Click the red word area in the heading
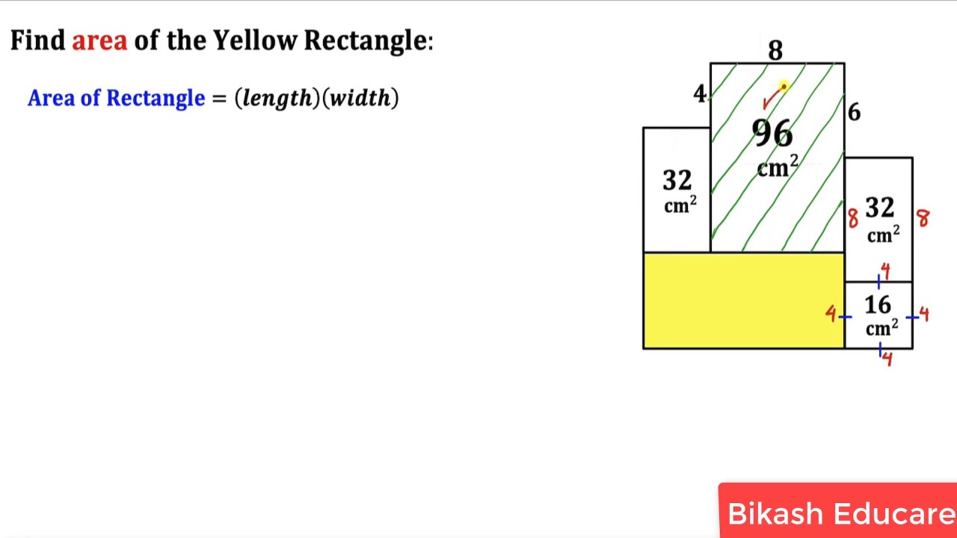click(99, 41)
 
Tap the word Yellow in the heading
click(255, 40)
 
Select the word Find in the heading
click(37, 40)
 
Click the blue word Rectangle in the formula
click(156, 98)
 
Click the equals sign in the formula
click(219, 99)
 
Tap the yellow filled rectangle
click(744, 301)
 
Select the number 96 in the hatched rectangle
click(772, 133)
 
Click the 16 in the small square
click(878, 305)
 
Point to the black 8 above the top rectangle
click(775, 50)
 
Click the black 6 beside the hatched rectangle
click(854, 112)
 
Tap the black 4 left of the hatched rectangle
click(699, 93)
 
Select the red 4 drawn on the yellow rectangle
click(831, 314)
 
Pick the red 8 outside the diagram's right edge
click(923, 218)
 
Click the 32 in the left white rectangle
click(677, 180)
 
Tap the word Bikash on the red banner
click(775, 513)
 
